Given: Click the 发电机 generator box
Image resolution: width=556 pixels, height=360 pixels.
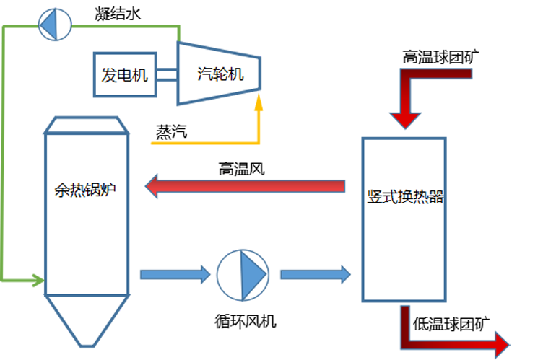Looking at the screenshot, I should click(125, 74).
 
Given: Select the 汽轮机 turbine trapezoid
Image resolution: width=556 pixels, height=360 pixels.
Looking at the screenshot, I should click(219, 73).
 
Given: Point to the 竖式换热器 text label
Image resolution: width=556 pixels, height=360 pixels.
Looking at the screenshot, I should click(404, 197).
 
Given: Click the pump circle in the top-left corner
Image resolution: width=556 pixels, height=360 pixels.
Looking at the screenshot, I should click(53, 25).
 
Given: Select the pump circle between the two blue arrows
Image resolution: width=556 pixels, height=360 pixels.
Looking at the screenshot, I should click(243, 275).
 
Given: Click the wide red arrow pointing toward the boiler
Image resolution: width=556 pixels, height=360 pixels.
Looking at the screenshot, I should click(246, 188).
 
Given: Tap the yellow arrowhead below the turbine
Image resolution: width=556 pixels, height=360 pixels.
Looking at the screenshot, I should click(259, 103).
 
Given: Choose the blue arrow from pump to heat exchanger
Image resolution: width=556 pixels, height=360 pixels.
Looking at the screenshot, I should click(315, 274).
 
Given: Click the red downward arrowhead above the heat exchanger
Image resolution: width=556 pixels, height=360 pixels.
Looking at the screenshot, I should click(404, 118).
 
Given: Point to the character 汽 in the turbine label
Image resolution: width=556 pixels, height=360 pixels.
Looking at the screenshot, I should click(204, 73).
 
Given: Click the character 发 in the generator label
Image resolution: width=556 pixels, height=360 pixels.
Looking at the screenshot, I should click(109, 74).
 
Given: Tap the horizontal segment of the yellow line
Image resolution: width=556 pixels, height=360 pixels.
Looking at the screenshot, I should click(202, 142).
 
